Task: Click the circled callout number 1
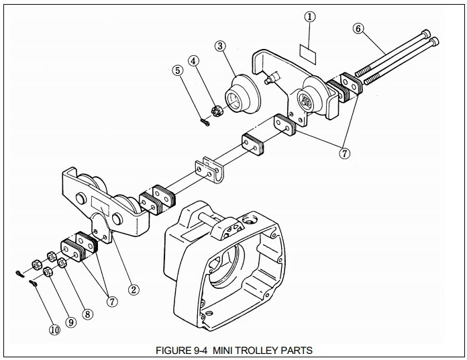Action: click(x=310, y=17)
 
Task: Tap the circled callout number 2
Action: click(x=134, y=289)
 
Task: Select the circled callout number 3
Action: click(x=220, y=46)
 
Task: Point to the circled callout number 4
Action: click(x=194, y=61)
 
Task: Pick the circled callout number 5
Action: click(x=178, y=71)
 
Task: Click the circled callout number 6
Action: click(x=358, y=29)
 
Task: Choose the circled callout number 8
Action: click(x=87, y=314)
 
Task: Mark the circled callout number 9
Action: click(x=71, y=322)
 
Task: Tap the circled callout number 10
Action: click(x=54, y=330)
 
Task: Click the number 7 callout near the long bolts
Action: click(x=345, y=154)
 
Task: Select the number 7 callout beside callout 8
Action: click(x=112, y=302)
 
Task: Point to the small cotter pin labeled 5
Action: click(x=205, y=122)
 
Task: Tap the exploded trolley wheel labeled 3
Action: click(x=242, y=94)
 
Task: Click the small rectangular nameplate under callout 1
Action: click(x=308, y=54)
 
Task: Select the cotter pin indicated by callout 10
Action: click(x=33, y=283)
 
